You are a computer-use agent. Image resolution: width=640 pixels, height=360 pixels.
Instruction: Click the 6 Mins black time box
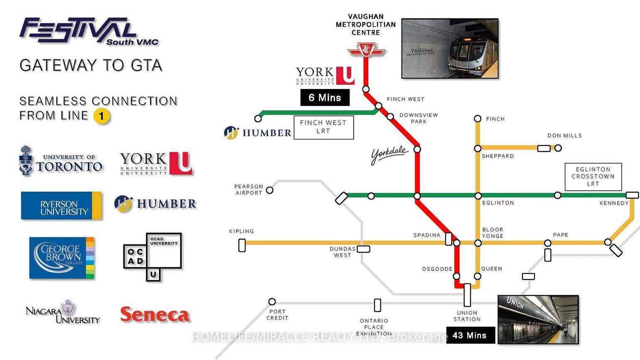pyautogui.click(x=325, y=98)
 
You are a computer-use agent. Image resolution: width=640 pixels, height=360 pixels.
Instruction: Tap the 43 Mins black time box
pyautogui.click(x=470, y=335)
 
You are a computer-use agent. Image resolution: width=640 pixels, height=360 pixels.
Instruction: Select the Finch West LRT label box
pyautogui.click(x=323, y=127)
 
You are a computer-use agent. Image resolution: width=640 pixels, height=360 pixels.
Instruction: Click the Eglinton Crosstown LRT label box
pyautogui.click(x=593, y=176)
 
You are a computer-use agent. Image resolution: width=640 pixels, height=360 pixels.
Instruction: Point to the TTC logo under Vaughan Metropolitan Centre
pyautogui.click(x=366, y=51)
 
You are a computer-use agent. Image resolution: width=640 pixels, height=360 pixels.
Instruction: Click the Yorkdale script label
pyautogui.click(x=389, y=155)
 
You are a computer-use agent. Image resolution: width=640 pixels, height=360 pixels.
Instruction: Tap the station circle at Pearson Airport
pyautogui.click(x=270, y=190)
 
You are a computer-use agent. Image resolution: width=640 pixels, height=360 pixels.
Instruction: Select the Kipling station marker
pyautogui.click(x=242, y=245)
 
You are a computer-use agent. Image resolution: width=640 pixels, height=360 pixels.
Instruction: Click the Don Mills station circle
pyautogui.click(x=558, y=148)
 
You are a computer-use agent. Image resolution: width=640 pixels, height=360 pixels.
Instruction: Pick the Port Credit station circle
pyautogui.click(x=272, y=301)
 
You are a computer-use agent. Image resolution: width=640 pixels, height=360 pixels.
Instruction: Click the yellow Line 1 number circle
pyautogui.click(x=101, y=116)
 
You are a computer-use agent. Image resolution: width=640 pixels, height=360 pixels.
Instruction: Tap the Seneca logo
pyautogui.click(x=155, y=314)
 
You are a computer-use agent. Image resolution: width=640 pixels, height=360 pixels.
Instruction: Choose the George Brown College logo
pyautogui.click(x=62, y=258)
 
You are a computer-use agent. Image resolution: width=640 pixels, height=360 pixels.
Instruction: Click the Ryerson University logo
pyautogui.click(x=61, y=205)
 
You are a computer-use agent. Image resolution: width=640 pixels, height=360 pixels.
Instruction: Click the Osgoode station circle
pyautogui.click(x=457, y=276)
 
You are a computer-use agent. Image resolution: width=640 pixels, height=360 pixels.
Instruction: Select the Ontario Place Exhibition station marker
pyautogui.click(x=377, y=305)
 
